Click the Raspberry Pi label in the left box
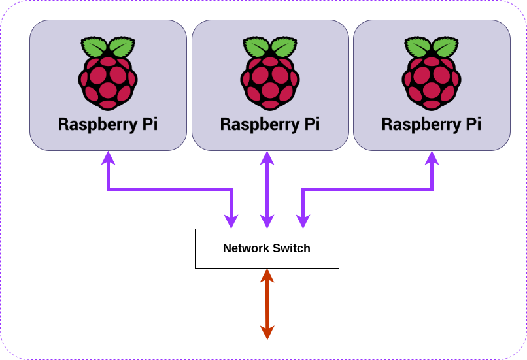[x=108, y=124]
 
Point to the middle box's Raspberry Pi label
[x=270, y=124]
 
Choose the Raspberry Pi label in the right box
[x=432, y=124]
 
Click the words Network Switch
[x=267, y=248]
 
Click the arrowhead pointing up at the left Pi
[x=108, y=157]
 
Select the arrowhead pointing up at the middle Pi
[x=267, y=157]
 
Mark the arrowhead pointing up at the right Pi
[x=432, y=157]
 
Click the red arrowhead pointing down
[x=267, y=333]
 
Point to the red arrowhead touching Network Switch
[x=267, y=275]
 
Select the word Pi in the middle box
[x=311, y=124]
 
